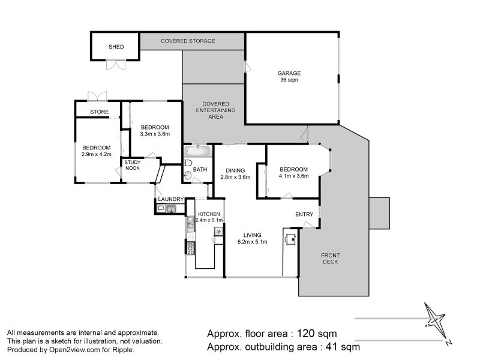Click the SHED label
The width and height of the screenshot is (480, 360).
coord(116,47)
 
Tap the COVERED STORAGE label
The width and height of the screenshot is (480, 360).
coord(188,41)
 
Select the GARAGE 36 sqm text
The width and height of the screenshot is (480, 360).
coord(289,77)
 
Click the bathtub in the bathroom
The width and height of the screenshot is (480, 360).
coord(198,151)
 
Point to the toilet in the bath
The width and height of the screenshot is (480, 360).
coord(188,163)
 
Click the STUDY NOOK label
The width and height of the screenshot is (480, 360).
coord(133,166)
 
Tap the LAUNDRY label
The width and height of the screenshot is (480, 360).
coord(171,199)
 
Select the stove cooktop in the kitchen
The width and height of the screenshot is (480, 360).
coord(191,248)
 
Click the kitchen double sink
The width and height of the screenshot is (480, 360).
coord(190,223)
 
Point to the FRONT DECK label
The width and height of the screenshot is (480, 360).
coord(331,259)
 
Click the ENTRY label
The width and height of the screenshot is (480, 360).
coord(304,214)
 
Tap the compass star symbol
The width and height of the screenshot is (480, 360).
coord(435,322)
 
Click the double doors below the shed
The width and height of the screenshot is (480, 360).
coord(116,65)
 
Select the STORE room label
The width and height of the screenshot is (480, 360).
coord(99,112)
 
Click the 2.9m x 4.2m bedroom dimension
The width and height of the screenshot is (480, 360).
coord(97,154)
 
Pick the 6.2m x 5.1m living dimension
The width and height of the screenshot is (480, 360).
coord(252,242)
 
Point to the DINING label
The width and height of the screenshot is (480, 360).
coord(235,170)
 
